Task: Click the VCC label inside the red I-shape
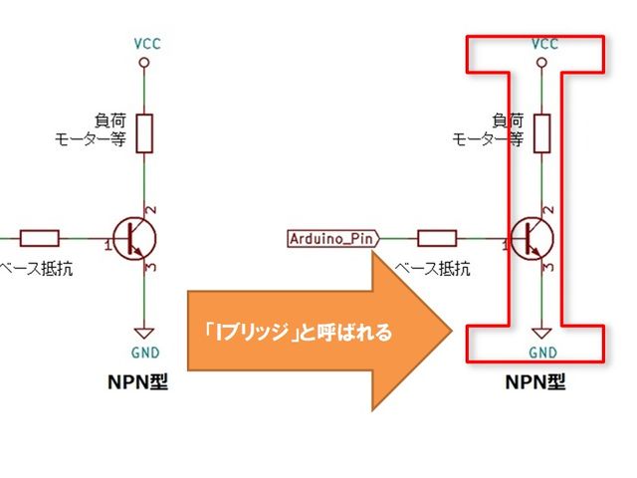(544, 44)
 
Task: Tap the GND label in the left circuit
(144, 353)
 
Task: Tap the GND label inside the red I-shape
(543, 353)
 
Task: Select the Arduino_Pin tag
(332, 238)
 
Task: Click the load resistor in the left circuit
(145, 132)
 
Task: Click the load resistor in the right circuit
(544, 132)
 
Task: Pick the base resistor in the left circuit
(39, 238)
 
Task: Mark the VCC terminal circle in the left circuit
(145, 62)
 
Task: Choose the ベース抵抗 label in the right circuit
(432, 269)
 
